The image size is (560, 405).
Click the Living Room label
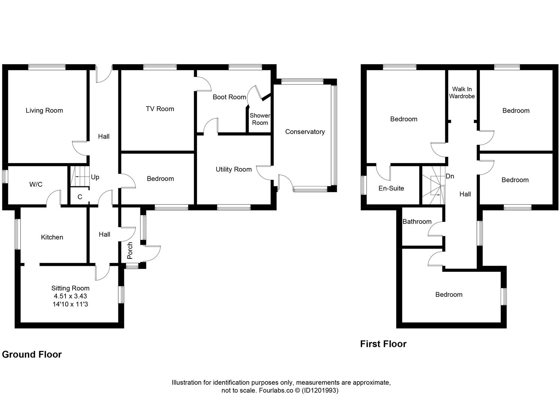(44, 110)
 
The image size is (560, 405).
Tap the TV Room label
(160, 109)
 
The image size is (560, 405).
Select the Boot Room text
(229, 97)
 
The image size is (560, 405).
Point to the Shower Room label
(260, 119)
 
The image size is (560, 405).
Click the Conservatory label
(305, 132)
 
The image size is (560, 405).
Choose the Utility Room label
(233, 169)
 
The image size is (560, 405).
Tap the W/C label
(36, 184)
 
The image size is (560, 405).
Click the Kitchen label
(52, 237)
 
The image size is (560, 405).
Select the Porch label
(130, 250)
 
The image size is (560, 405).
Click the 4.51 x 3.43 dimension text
(70, 296)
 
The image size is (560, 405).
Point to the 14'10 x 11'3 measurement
(70, 304)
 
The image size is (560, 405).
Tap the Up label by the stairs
(95, 177)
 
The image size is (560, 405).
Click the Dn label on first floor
(450, 176)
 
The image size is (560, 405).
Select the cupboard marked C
(80, 197)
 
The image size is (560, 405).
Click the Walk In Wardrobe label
(462, 93)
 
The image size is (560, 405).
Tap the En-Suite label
(391, 188)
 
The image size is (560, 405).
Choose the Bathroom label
(417, 222)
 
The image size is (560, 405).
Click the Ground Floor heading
(32, 354)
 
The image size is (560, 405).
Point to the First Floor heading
(383, 344)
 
